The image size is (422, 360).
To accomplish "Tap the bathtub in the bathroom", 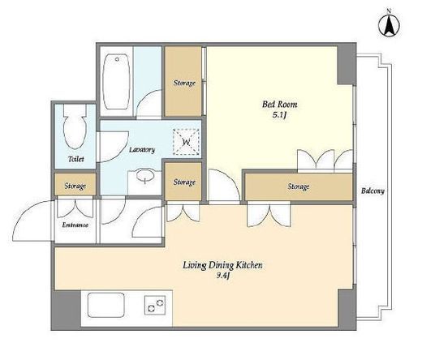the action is pyautogui.click(x=117, y=82).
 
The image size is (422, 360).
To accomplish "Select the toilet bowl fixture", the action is pyautogui.click(x=75, y=126).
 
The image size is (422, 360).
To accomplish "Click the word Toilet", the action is pyautogui.click(x=76, y=159).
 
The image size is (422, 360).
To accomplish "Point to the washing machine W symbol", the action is pyautogui.click(x=186, y=142).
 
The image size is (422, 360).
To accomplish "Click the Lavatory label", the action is pyautogui.click(x=142, y=150).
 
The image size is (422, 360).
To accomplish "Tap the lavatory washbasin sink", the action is pyautogui.click(x=145, y=176).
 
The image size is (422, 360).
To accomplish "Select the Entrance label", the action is pyautogui.click(x=75, y=225).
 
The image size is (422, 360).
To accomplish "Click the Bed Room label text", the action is pyautogui.click(x=280, y=105).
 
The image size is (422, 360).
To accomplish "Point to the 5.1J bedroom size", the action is pyautogui.click(x=279, y=115).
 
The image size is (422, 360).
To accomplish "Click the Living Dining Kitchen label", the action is pyautogui.click(x=222, y=265).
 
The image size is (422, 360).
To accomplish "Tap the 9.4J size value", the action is pyautogui.click(x=223, y=276).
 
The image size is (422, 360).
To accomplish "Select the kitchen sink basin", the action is pyautogui.click(x=106, y=305).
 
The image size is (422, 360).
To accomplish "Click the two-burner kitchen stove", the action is pyautogui.click(x=155, y=305).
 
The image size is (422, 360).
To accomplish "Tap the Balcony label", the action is pyautogui.click(x=372, y=191).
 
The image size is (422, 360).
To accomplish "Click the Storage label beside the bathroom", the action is pyautogui.click(x=184, y=83).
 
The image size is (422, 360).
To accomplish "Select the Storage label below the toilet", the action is pyautogui.click(x=75, y=186).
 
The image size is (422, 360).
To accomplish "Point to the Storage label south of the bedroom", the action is pyautogui.click(x=299, y=186).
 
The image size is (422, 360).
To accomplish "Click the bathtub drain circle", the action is pyautogui.click(x=117, y=59).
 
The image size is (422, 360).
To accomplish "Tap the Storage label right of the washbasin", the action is pyautogui.click(x=184, y=182).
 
